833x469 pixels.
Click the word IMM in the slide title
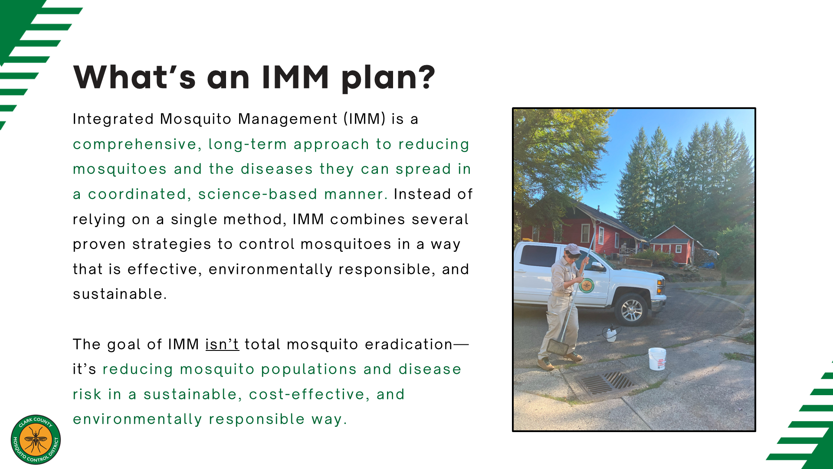[295, 77]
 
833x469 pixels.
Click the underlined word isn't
[222, 344]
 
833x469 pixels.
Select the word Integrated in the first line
[113, 119]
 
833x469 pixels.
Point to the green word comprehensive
[135, 145]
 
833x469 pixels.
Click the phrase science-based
[258, 194]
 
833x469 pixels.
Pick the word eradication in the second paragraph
[409, 344]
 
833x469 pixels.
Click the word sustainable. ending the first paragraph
[120, 294]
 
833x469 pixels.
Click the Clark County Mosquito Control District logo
[36, 439]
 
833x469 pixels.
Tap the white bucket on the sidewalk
[657, 359]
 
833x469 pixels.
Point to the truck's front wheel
[632, 310]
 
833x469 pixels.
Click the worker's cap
[573, 249]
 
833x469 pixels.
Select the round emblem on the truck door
[587, 285]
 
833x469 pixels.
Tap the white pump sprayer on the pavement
[611, 333]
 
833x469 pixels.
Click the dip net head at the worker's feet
[558, 347]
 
